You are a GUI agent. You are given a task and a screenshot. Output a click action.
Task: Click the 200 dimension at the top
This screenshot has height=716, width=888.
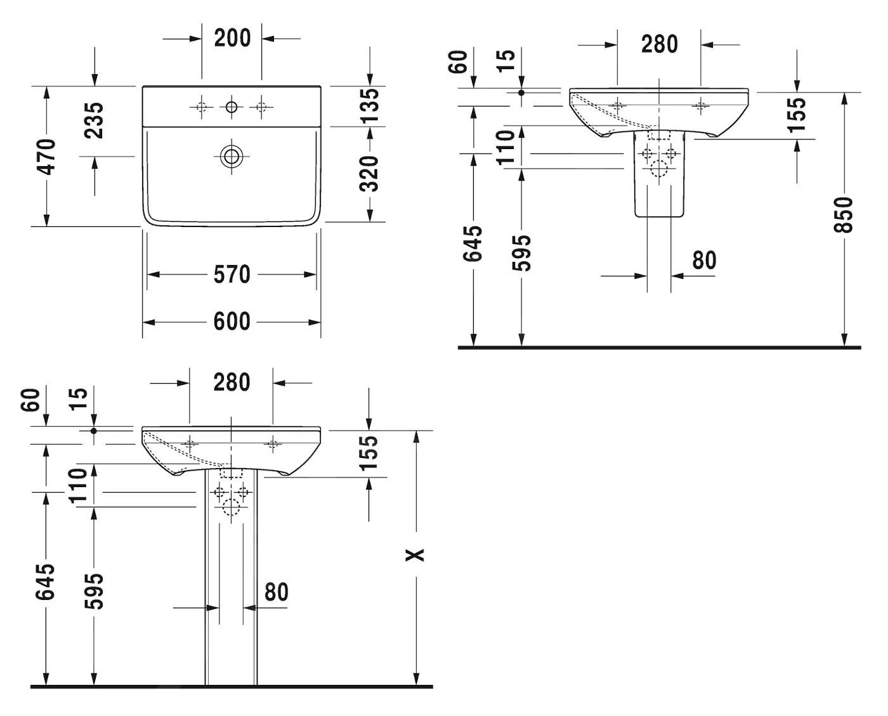tap(232, 38)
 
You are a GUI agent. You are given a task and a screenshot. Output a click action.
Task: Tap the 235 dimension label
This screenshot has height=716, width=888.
tap(94, 120)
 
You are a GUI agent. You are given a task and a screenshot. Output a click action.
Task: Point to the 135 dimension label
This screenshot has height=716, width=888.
tap(369, 106)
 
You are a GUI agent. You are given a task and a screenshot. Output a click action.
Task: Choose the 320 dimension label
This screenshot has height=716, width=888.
tap(369, 174)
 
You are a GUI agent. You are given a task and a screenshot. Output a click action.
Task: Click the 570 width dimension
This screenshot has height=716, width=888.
tap(232, 275)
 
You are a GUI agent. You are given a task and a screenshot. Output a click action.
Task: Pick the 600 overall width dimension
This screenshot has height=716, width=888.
tap(232, 322)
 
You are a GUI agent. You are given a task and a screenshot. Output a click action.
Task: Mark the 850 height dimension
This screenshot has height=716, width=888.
tap(843, 214)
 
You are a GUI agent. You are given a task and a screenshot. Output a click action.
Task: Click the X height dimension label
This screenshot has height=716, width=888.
tap(415, 555)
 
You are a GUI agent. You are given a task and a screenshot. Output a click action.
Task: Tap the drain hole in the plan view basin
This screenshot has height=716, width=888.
tap(232, 157)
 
